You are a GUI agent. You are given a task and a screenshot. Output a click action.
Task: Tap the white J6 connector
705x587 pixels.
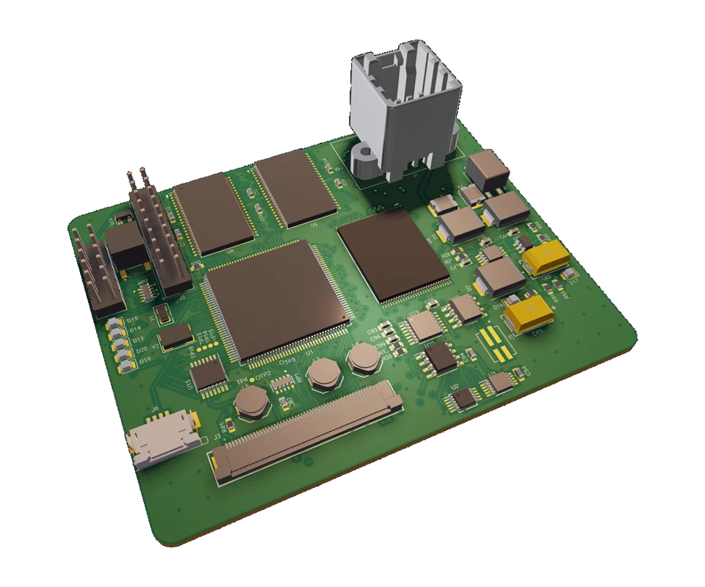162,440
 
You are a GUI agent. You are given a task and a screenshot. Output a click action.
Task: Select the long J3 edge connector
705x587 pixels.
308,432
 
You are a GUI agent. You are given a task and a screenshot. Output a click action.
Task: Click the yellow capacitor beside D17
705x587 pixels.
546,257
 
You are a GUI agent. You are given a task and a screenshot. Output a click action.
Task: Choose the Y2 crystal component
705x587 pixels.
176,336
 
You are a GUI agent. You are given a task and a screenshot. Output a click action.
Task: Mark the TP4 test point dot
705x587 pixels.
253,379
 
